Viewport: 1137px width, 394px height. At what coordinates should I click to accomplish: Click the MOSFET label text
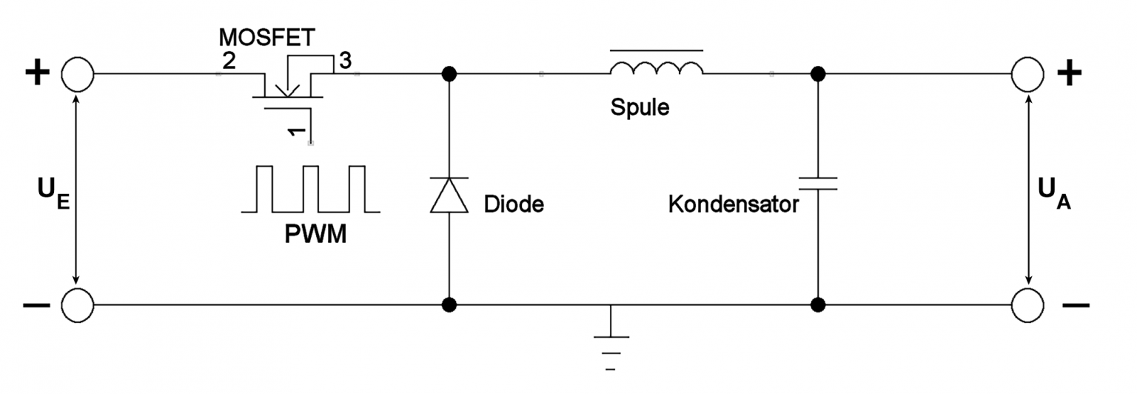[267, 38]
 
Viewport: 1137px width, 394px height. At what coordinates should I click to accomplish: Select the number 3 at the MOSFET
[344, 61]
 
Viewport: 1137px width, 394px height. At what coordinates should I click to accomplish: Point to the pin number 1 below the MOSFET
[295, 133]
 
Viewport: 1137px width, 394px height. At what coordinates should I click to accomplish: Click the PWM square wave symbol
[311, 190]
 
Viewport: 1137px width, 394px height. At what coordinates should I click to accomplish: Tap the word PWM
[315, 237]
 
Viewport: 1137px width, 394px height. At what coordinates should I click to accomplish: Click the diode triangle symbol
[449, 195]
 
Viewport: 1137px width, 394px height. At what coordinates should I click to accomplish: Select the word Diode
[514, 204]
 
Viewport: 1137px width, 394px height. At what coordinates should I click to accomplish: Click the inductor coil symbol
[657, 70]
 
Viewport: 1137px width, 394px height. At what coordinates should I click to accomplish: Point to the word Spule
[640, 107]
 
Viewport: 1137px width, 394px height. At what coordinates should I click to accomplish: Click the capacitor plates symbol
[818, 183]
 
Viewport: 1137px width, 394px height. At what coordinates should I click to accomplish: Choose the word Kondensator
[734, 204]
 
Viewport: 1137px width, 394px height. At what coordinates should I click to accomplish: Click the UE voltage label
[53, 192]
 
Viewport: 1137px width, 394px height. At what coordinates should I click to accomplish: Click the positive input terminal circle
[77, 74]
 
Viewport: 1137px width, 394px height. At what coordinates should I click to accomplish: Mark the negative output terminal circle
[1027, 304]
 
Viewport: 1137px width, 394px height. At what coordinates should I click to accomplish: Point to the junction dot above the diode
[449, 74]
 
